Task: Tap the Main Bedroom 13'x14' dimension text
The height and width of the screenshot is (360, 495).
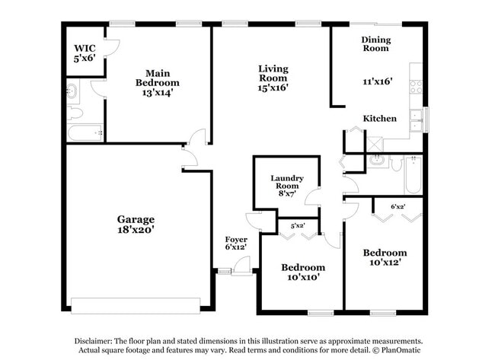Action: [x=158, y=93]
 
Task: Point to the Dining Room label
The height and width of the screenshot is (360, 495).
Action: [x=376, y=43]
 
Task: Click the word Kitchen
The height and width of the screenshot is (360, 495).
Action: [x=378, y=119]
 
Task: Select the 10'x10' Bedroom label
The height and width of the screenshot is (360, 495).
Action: [x=302, y=272]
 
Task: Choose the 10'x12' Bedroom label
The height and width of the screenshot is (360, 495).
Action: [x=385, y=257]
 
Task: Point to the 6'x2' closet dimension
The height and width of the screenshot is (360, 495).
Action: [x=398, y=206]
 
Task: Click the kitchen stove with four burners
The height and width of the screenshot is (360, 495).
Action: [x=416, y=86]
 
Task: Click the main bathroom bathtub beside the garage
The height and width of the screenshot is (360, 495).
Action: [x=85, y=134]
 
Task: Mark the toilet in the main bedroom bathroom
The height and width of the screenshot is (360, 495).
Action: [x=74, y=114]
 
